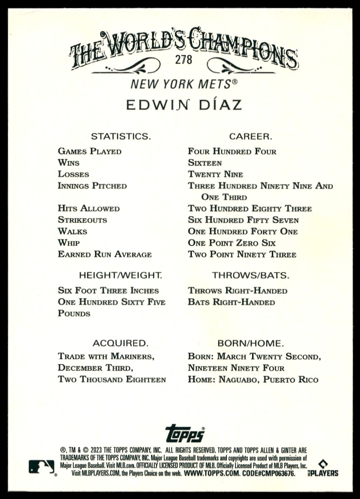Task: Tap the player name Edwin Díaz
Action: (184, 105)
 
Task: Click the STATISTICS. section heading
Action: (121, 136)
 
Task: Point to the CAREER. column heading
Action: (251, 136)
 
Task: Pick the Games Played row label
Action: (90, 151)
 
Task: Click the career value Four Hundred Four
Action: (232, 151)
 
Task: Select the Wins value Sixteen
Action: (205, 163)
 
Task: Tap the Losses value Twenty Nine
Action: (215, 174)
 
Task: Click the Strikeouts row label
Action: (82, 220)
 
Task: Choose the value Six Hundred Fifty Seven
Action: (243, 220)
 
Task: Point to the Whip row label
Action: (68, 243)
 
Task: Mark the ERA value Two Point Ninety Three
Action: (242, 254)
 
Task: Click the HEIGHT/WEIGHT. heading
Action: (120, 275)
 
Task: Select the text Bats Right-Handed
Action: (231, 302)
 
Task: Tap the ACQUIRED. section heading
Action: (120, 343)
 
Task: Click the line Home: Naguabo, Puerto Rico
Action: (253, 380)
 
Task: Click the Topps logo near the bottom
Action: (185, 433)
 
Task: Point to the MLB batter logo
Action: (42, 466)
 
